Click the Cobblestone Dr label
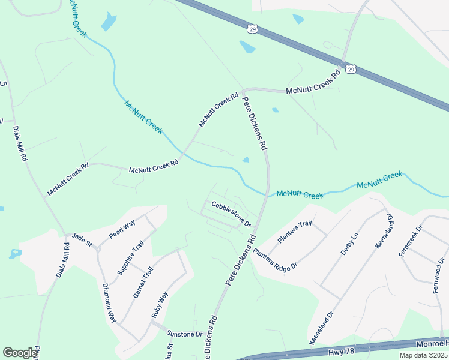point(230,212)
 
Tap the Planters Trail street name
point(295,232)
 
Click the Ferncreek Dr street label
point(411,241)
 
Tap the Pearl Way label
point(122,230)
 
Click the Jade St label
point(81,241)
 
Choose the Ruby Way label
point(158,304)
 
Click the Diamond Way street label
point(109,304)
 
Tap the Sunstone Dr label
point(184,334)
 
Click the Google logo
point(20,353)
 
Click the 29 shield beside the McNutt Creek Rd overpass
point(351,70)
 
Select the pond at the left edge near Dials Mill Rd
point(15,253)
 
